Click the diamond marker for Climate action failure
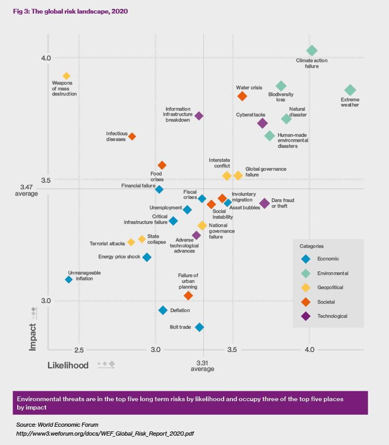coord(312,51)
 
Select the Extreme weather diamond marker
coord(350,90)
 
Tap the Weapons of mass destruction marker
coord(66,76)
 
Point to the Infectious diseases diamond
coord(132,136)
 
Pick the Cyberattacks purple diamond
coord(262,123)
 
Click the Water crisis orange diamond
coord(242,96)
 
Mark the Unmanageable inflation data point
coord(68,279)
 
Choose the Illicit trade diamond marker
coord(199,327)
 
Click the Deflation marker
coord(163,310)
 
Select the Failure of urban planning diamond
coord(189,296)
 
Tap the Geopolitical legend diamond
coord(306,287)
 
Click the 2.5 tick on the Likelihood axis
coord(79,349)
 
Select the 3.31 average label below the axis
coord(202,366)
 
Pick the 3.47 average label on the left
coord(27,190)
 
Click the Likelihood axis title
coord(68,365)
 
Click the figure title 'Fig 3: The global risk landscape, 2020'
coord(74,11)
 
